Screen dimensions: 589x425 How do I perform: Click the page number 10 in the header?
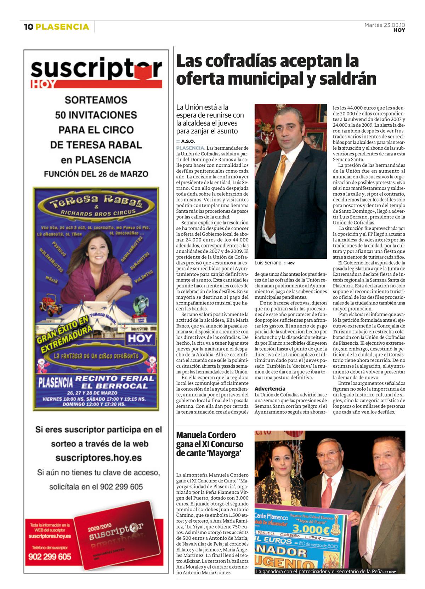tap(28, 27)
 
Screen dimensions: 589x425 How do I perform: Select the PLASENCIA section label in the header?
tap(62, 27)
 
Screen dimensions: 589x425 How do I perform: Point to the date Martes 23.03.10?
tap(385, 25)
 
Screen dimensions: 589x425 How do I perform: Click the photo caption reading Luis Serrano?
tap(268, 263)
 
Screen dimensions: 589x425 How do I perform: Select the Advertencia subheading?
tap(270, 389)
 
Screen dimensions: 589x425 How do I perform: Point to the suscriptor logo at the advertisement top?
tap(96, 69)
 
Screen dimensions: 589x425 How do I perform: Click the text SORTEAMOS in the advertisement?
tap(96, 100)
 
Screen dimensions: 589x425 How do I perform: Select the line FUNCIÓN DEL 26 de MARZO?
tap(96, 174)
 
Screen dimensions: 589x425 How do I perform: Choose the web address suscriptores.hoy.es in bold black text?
tap(98, 458)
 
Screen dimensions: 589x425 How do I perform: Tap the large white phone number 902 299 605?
tap(50, 557)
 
